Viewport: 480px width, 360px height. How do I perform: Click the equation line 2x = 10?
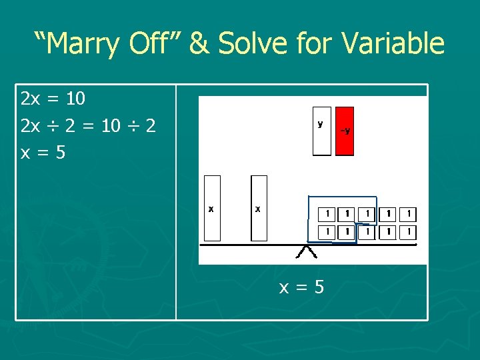(53, 99)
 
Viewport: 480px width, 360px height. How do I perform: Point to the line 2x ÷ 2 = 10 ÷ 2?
(89, 126)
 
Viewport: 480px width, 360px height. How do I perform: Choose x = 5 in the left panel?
(43, 153)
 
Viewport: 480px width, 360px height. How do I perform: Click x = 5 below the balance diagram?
(301, 287)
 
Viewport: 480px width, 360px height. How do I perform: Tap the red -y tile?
(345, 131)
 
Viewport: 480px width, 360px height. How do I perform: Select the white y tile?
(321, 131)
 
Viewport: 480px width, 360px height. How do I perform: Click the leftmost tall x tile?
(212, 208)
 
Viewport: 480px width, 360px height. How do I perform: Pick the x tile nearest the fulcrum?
(259, 208)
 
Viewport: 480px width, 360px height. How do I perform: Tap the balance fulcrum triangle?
(307, 252)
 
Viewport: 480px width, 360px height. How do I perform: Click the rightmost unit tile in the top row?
(409, 214)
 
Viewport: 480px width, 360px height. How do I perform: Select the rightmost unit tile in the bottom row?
(409, 232)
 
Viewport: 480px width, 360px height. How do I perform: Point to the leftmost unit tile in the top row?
(327, 214)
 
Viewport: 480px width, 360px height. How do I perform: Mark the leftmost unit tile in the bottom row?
(327, 232)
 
